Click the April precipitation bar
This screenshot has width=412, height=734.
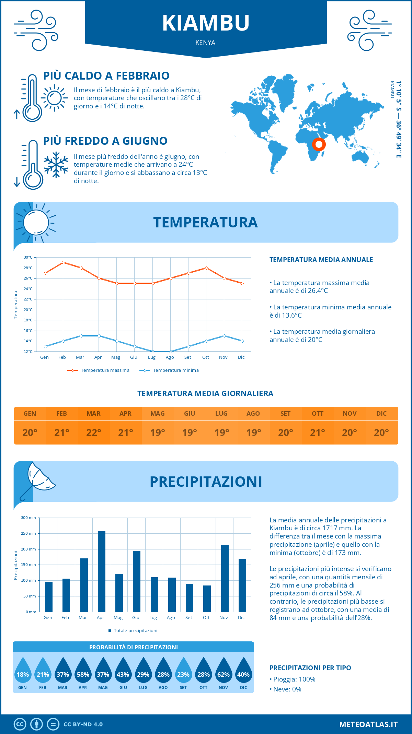102,571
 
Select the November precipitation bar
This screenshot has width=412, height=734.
225,578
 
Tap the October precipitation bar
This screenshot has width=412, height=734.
207,599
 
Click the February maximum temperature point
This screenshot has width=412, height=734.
63,262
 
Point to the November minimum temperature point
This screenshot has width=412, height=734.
224,336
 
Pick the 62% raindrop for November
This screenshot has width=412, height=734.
224,673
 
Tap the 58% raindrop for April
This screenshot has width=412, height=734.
83,673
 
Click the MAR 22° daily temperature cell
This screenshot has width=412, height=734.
94,433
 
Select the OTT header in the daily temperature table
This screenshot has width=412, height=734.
318,414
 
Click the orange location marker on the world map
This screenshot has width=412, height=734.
319,144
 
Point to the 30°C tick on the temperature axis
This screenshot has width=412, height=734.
28,257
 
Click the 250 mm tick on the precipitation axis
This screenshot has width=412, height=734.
28,533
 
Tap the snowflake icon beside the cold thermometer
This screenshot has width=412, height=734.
56,165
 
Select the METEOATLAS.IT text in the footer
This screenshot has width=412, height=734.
368,724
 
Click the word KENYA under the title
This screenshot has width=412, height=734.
205,43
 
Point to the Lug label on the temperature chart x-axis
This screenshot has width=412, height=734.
152,357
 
